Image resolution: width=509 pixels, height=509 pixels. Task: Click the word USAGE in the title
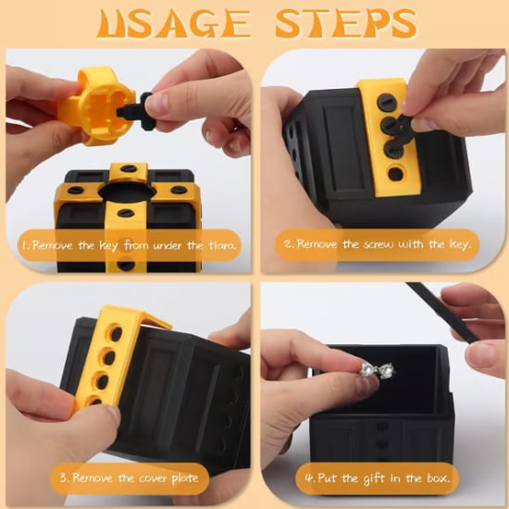point(174,23)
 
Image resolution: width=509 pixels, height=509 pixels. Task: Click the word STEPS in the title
point(346,23)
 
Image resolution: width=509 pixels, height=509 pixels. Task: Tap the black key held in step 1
point(136,111)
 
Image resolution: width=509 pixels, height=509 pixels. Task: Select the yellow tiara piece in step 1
point(96,106)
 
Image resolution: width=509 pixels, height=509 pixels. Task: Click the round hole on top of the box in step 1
point(128,192)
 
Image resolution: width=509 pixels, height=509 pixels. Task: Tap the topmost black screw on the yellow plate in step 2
point(387,104)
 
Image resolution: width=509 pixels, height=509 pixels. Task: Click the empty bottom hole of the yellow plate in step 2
point(396,173)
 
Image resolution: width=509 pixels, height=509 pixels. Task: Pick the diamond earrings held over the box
point(378,370)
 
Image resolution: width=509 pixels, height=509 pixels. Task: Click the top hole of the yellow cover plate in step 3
point(116,333)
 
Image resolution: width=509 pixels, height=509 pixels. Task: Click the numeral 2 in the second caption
point(288,243)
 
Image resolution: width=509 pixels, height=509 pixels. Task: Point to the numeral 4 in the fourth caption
point(309,478)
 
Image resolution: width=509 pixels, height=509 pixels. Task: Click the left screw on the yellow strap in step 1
point(75,190)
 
